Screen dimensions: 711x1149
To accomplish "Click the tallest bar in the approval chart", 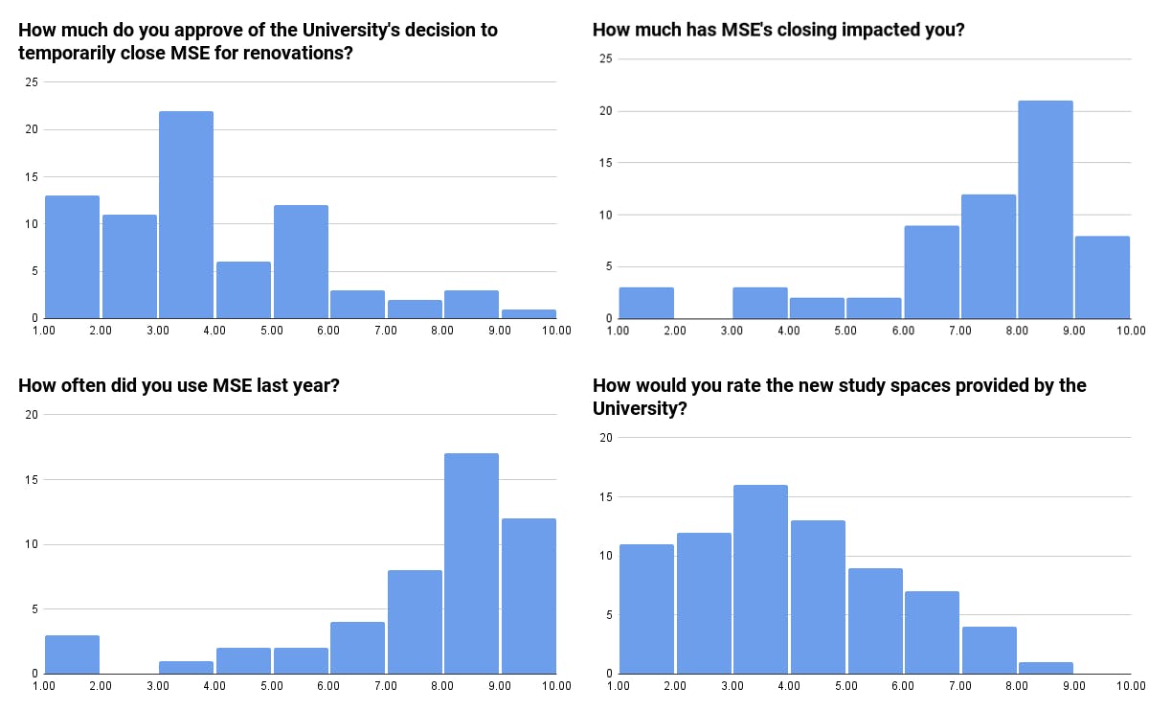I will [186, 215].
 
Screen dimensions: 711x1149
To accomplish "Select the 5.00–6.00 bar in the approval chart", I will [301, 262].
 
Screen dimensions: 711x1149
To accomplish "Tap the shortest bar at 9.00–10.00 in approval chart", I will [528, 313].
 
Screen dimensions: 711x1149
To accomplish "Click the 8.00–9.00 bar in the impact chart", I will [1045, 210].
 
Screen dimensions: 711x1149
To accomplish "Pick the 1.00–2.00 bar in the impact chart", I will [646, 303].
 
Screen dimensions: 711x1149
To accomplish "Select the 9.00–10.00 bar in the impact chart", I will [1102, 277].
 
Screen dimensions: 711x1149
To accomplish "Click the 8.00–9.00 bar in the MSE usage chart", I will [471, 563].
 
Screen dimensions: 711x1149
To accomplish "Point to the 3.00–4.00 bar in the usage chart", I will [186, 667].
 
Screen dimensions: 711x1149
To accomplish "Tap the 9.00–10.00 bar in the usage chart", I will [529, 596].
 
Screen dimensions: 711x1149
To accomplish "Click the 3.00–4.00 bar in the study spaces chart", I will [760, 580].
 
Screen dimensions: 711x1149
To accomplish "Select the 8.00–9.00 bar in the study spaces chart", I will [1045, 667].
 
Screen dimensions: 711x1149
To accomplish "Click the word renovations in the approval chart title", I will [296, 53].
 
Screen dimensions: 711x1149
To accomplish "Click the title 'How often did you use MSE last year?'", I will [180, 386].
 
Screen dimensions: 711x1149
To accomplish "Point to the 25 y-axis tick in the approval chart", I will [32, 82].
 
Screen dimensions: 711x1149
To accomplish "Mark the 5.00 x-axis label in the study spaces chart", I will [845, 686].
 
